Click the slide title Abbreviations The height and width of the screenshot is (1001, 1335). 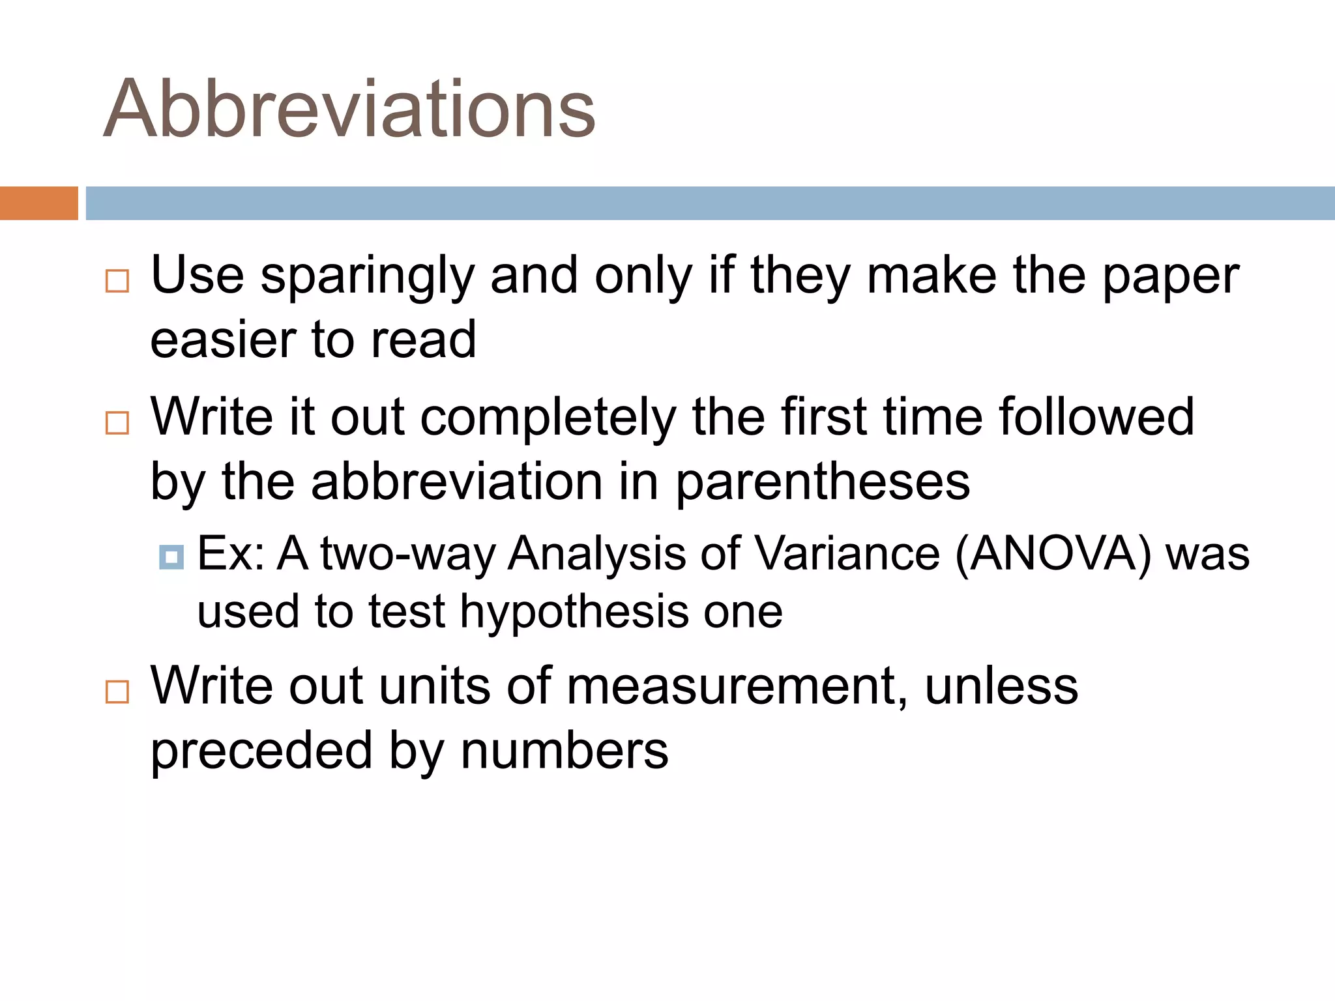coord(349,109)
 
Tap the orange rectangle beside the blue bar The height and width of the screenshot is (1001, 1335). coord(38,203)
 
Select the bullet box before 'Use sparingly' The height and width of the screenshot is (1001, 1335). coord(117,281)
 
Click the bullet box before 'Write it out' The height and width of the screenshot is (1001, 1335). coord(117,423)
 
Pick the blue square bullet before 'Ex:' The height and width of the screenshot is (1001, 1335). coord(171,557)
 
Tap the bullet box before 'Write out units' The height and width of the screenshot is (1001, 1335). coord(117,691)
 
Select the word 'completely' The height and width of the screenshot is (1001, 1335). coord(549,418)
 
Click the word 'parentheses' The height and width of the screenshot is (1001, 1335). coord(823,483)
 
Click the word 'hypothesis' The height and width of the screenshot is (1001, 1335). coord(574,612)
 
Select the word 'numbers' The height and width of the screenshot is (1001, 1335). coord(565,751)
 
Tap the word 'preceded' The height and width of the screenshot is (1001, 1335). coord(262,751)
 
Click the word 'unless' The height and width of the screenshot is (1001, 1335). coord(1001,686)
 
